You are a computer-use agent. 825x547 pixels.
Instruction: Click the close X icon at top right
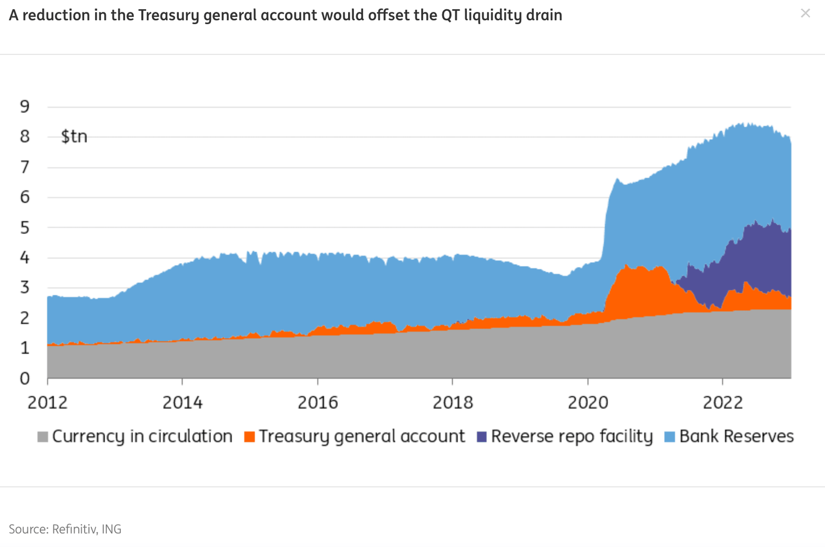pyautogui.click(x=805, y=13)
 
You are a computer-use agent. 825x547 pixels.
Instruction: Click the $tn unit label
pyautogui.click(x=74, y=136)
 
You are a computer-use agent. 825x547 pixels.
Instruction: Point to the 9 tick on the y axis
pyautogui.click(x=25, y=106)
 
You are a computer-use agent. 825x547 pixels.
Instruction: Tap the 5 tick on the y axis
pyautogui.click(x=25, y=228)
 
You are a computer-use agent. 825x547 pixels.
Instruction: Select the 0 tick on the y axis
pyautogui.click(x=25, y=378)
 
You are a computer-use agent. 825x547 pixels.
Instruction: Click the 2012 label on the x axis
pyautogui.click(x=48, y=403)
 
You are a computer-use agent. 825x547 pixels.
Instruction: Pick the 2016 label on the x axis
pyautogui.click(x=318, y=403)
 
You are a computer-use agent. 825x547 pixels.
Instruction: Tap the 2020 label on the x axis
pyautogui.click(x=588, y=403)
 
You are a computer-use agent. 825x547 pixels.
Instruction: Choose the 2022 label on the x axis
pyautogui.click(x=723, y=403)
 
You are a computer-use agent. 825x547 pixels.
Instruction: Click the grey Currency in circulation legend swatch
pyautogui.click(x=43, y=437)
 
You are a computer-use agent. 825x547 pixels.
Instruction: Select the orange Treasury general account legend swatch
pyautogui.click(x=249, y=437)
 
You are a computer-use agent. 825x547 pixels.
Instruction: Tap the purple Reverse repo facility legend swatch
pyautogui.click(x=482, y=437)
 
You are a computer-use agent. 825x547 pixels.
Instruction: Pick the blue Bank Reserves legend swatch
pyautogui.click(x=670, y=437)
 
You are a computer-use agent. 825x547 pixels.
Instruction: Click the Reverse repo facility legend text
pyautogui.click(x=571, y=436)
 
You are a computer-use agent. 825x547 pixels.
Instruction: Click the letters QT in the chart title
pyautogui.click(x=451, y=15)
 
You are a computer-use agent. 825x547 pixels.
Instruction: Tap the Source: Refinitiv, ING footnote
pyautogui.click(x=65, y=529)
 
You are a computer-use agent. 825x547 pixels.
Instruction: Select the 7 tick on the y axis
pyautogui.click(x=25, y=167)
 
